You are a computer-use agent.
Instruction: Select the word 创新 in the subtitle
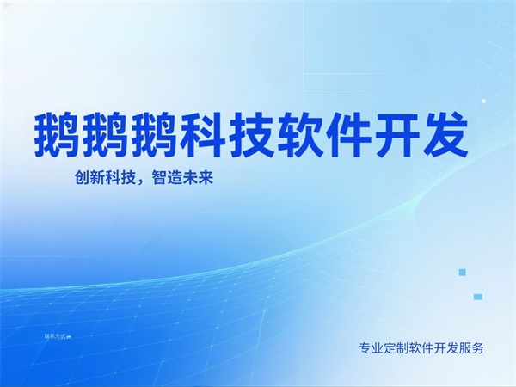pyautogui.click(x=89, y=181)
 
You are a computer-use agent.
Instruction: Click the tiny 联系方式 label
pyautogui.click(x=56, y=335)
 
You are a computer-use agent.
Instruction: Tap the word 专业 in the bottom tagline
pyautogui.click(x=371, y=348)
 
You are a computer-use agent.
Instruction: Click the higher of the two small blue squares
pyautogui.click(x=462, y=272)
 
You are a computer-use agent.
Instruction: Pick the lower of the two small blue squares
pyautogui.click(x=477, y=297)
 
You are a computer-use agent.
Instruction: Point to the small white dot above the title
pyautogui.click(x=483, y=101)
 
